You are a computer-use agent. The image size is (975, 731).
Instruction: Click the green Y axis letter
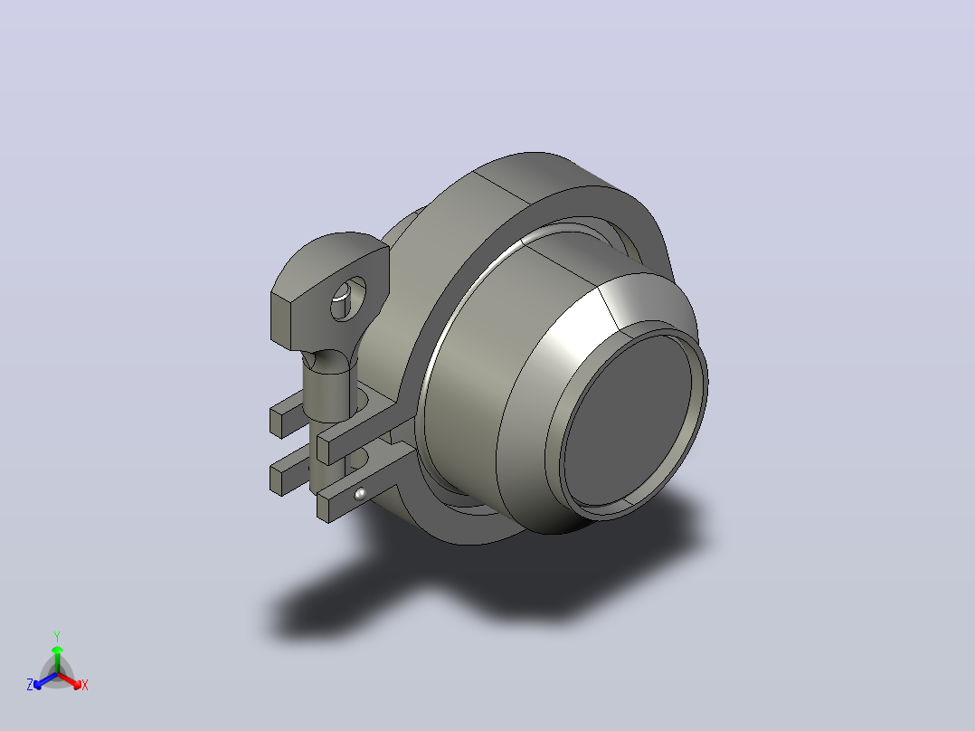click(x=57, y=636)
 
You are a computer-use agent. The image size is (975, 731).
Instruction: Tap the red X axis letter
click(x=85, y=685)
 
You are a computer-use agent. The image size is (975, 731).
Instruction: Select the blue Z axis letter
click(x=30, y=685)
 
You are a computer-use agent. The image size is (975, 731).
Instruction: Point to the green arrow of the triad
click(x=57, y=659)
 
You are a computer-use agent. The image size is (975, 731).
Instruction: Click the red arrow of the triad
click(x=70, y=680)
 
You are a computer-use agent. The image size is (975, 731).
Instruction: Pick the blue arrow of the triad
click(x=45, y=680)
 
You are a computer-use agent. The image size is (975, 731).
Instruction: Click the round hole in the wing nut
click(x=347, y=299)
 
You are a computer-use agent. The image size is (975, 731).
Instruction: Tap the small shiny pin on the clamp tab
click(x=360, y=494)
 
